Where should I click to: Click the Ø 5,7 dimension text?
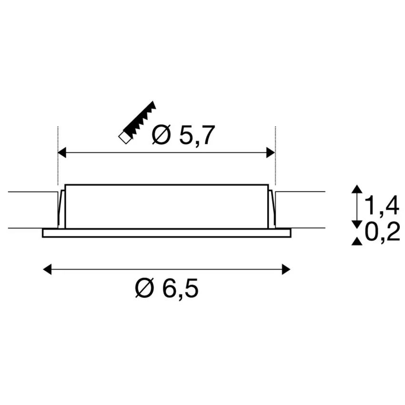(x=183, y=135)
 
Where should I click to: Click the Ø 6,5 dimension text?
(x=167, y=288)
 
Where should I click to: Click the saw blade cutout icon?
(x=137, y=122)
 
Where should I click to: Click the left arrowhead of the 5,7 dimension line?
(x=62, y=152)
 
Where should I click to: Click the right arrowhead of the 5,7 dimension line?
(x=271, y=152)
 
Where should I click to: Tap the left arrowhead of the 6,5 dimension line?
(x=47, y=269)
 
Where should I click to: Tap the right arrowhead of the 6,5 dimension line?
(x=286, y=269)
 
